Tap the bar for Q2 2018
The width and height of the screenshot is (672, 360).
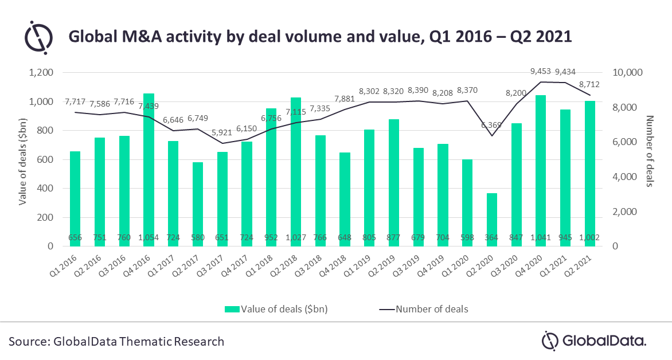click(x=295, y=172)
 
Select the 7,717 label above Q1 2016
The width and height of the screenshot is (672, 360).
click(x=75, y=101)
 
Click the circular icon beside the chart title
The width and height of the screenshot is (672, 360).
click(x=38, y=36)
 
